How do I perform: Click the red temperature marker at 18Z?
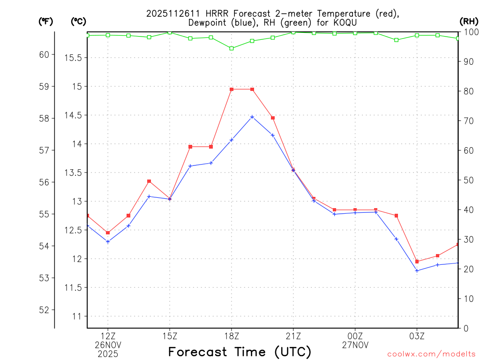[x=232, y=89]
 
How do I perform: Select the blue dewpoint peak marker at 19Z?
[x=252, y=117]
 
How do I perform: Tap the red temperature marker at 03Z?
[x=417, y=262]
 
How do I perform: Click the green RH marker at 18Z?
[x=232, y=48]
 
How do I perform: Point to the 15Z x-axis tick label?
[x=170, y=336]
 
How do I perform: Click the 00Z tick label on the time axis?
[x=355, y=336]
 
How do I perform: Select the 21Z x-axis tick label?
[x=293, y=336]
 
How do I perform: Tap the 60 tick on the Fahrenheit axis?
[x=44, y=54]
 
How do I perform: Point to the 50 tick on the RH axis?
[x=467, y=180]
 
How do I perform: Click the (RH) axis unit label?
[x=469, y=21]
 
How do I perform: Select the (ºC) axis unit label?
[x=78, y=21]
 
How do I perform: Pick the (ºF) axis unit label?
[x=46, y=21]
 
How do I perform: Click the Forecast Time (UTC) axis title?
[x=240, y=352]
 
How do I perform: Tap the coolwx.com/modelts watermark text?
[x=431, y=354]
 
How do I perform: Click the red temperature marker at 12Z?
[x=108, y=232]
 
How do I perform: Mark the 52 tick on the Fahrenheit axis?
[x=44, y=310]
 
